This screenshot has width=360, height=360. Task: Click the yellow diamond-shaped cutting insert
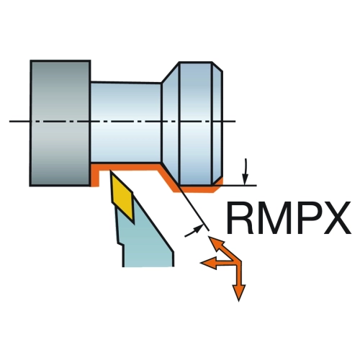pos(122,196)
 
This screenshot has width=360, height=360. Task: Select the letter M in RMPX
pos(274,217)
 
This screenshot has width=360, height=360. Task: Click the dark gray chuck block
pos(60,123)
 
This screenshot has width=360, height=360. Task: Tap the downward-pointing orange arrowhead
pos(239,292)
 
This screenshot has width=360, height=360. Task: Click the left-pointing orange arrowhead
pos(208,263)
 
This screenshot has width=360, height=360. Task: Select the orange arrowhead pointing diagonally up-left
pos(215,243)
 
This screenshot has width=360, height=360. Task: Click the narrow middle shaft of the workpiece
pos(125,123)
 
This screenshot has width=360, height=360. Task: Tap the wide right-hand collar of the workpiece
pos(196,124)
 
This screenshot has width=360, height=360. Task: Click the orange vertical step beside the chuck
pos(95,175)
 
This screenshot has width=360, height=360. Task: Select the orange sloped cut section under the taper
pos(168,177)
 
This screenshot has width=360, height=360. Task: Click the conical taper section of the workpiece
pos(171,123)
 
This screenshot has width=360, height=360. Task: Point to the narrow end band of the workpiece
pos(217,124)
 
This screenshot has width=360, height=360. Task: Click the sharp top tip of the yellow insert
pos(110,171)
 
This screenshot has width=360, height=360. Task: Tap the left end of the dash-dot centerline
pos(9,122)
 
